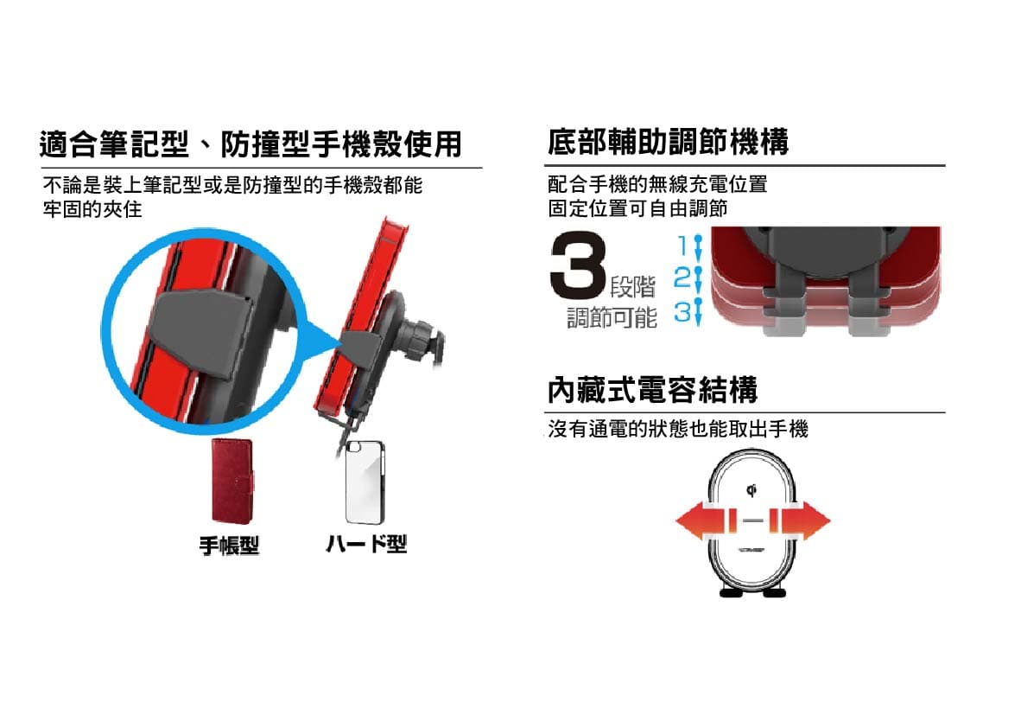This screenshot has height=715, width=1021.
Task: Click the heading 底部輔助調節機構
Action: point(668,142)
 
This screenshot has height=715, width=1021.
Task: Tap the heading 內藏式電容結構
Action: point(652,390)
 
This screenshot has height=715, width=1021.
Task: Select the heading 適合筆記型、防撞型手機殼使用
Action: point(250,144)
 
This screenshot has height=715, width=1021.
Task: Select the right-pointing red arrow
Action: point(800,520)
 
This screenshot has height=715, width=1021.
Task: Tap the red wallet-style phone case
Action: point(232,481)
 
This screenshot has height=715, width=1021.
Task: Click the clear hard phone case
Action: point(365,482)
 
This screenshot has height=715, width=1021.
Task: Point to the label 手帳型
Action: point(229,545)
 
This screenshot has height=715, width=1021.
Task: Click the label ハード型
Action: point(366,544)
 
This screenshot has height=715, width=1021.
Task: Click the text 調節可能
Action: point(612,318)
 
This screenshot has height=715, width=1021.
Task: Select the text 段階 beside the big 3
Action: point(632,286)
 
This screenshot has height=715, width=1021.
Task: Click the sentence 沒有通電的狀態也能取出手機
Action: point(678,429)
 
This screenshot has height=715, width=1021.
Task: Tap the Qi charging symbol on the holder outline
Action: point(751,489)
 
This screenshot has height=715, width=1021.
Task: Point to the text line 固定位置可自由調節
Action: point(637,208)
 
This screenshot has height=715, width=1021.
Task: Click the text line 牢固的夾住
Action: point(92,209)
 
